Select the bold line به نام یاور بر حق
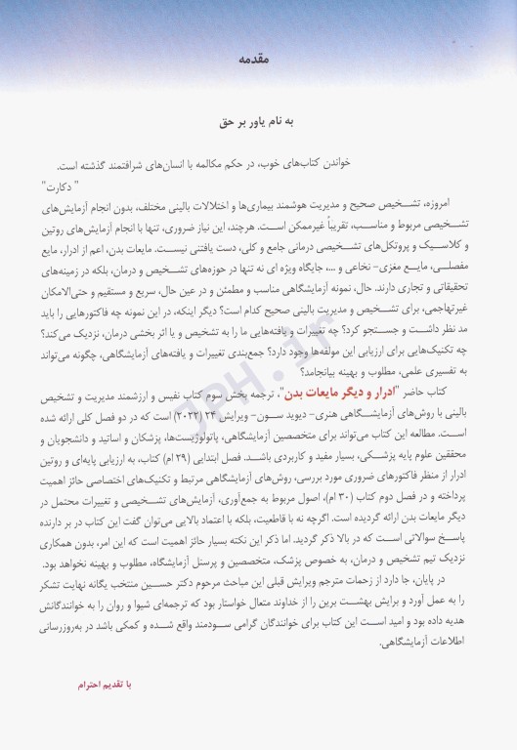pyautogui.click(x=258, y=125)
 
